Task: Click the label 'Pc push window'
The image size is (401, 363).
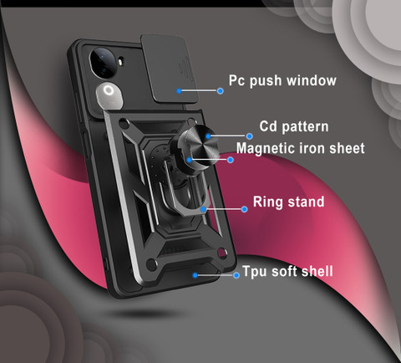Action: (x=282, y=81)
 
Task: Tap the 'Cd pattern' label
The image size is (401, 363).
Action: (x=294, y=127)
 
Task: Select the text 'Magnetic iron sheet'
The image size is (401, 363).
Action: (x=301, y=148)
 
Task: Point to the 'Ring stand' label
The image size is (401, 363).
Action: (x=289, y=202)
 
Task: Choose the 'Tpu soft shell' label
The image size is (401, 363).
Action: (x=287, y=271)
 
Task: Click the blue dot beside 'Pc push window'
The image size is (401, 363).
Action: (x=221, y=91)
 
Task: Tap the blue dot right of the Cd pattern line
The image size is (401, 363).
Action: (x=250, y=136)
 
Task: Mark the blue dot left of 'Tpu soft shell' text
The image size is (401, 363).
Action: (x=236, y=275)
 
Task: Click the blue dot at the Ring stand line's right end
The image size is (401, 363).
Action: (x=245, y=209)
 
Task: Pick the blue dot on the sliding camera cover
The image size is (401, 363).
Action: (x=179, y=91)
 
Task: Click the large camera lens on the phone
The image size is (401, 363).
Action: (x=103, y=63)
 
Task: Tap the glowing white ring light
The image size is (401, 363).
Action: (x=109, y=90)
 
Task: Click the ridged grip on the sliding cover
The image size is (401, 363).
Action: (x=184, y=68)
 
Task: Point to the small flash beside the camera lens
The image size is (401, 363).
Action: (x=121, y=62)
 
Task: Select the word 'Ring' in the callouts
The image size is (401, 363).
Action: (x=265, y=202)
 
